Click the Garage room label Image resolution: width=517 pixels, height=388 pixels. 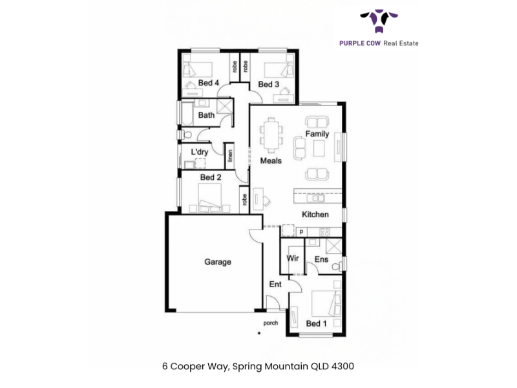coord(218,262)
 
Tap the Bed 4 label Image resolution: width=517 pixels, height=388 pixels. coord(208,83)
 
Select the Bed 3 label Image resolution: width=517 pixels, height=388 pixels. coord(268,85)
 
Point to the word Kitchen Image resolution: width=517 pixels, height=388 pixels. coord(315,215)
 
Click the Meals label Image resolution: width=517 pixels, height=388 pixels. coord(271,160)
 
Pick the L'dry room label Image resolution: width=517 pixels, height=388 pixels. coord(200,152)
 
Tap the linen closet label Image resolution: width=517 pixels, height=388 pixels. coord(230,156)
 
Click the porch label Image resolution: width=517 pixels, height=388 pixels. coord(270,323)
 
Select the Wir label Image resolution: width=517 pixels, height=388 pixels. coord(293,258)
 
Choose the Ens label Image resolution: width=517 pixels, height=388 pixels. coord(321,259)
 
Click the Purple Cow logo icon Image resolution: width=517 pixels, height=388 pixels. coord(379,21)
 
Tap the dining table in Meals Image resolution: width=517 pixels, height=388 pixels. coord(271,135)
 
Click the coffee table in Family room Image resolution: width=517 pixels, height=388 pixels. coord(319,148)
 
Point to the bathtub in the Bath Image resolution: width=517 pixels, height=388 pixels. coord(187,114)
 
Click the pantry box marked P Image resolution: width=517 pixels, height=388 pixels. coord(301,232)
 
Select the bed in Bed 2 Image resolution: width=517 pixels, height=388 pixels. coord(209,198)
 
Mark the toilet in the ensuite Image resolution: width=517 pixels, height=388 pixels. coord(337,266)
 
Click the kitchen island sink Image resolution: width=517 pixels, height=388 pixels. coord(315,199)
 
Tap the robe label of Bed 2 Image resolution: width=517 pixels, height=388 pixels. coord(244,200)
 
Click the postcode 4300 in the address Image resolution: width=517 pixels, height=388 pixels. coord(343,366)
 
